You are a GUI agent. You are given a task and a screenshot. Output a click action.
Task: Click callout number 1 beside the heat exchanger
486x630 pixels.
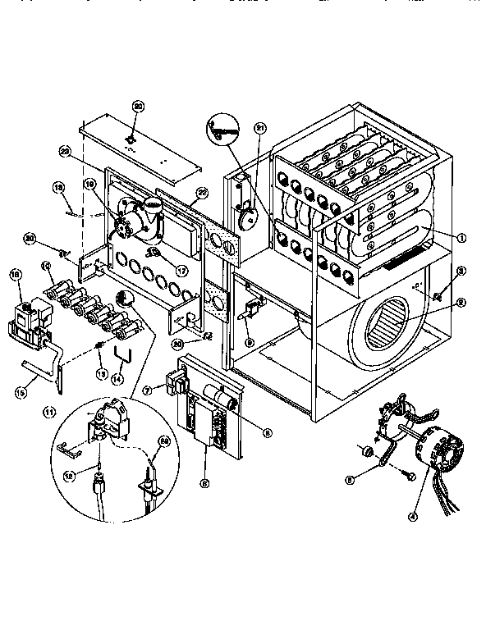[x=462, y=237]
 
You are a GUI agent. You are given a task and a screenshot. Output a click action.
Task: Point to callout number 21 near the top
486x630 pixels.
[x=261, y=128]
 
